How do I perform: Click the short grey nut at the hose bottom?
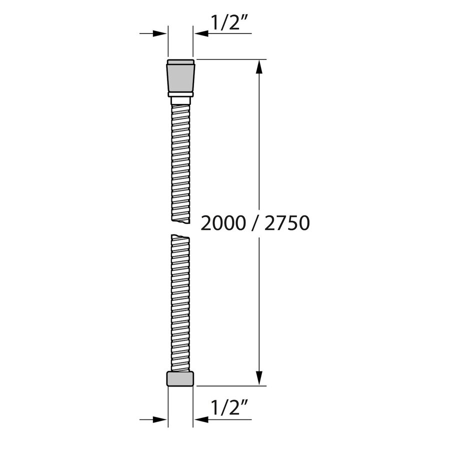180,379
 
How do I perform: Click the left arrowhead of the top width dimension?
161,33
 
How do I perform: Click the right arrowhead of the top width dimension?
199,33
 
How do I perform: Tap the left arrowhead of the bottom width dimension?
161,419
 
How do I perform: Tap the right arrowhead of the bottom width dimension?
199,419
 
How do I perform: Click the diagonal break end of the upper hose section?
180,220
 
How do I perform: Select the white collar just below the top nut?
180,100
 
